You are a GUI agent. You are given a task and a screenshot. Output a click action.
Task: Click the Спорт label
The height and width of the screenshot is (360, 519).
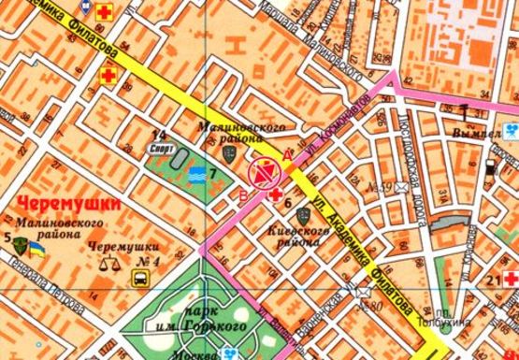tap(161, 148)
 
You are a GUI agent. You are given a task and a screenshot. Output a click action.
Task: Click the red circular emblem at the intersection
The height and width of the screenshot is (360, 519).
tap(265, 172)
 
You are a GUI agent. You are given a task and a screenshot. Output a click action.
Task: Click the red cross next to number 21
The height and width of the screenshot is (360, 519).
tap(512, 280)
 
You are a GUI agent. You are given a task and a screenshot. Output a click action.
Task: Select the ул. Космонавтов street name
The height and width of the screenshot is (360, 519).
tap(325, 139)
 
